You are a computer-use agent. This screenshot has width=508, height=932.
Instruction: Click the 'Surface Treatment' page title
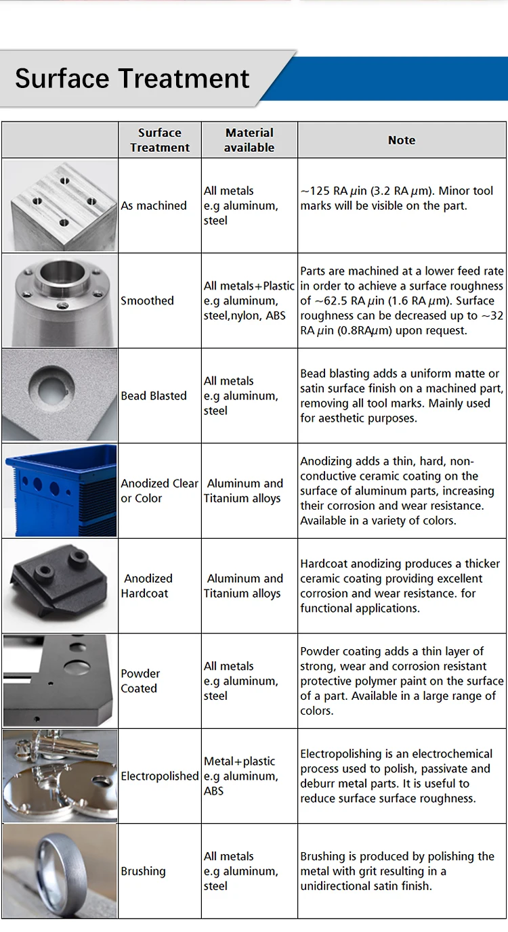132,79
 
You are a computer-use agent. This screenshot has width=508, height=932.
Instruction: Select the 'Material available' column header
249,140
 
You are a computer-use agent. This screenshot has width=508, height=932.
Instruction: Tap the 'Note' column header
402,140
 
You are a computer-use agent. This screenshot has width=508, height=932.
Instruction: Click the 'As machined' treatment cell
154,206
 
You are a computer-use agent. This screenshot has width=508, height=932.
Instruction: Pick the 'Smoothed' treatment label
147,301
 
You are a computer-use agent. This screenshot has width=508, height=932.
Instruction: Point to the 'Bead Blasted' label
154,396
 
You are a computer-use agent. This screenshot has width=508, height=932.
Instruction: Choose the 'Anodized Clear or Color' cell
159,491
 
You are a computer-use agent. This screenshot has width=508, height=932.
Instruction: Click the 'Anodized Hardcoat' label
146,586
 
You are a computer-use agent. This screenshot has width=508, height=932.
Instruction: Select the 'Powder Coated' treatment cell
140,681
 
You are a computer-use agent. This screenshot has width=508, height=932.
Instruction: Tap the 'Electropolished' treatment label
159,776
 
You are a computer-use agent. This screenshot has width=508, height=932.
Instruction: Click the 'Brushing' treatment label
143,871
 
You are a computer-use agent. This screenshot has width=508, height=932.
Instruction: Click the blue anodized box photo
60,491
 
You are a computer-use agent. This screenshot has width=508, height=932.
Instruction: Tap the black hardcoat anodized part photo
59,583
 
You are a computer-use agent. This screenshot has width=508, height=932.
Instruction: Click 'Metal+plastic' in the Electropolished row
239,761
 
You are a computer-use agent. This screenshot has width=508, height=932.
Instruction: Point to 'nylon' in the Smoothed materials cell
242,316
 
